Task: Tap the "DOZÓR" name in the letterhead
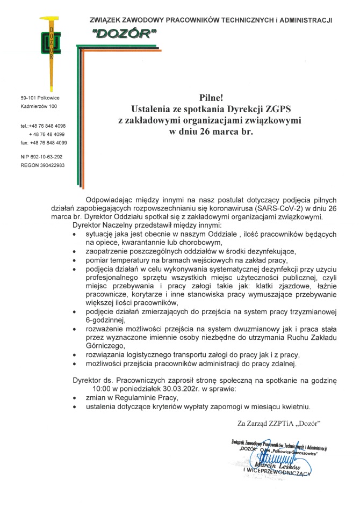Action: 124,33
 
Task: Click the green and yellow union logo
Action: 51,51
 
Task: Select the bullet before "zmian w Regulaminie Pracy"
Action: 74,398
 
